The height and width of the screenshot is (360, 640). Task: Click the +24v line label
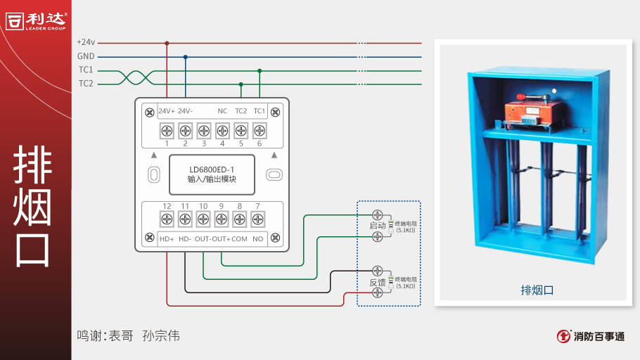(86, 43)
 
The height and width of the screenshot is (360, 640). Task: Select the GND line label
(86, 56)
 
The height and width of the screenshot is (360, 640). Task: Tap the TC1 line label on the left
(86, 70)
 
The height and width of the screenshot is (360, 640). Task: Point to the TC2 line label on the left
(86, 84)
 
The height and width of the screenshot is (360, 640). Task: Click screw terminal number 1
(167, 130)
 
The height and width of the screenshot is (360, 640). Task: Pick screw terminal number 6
(259, 130)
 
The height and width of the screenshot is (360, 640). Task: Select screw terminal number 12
(167, 219)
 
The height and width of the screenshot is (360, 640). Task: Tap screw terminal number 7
(258, 219)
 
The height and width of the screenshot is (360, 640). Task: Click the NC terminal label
(222, 111)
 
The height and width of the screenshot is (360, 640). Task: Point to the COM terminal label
(240, 239)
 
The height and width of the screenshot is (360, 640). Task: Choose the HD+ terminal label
(167, 239)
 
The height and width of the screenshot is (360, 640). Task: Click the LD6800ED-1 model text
(212, 169)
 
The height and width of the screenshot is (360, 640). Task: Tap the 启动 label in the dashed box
(378, 226)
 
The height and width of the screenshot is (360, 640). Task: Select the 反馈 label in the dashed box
(378, 282)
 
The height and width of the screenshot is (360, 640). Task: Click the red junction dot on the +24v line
(167, 43)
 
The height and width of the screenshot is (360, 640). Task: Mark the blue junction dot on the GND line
(185, 57)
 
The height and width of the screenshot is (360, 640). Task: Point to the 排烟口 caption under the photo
(537, 289)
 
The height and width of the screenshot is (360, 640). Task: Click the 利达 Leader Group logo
(35, 21)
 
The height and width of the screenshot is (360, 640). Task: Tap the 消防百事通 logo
(591, 336)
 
